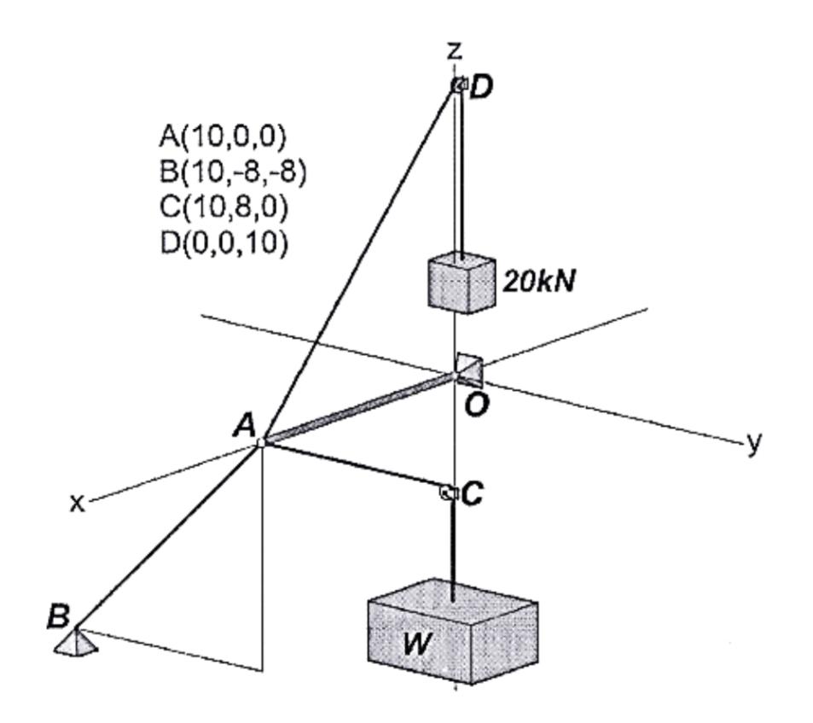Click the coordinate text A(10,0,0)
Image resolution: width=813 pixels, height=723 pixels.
coord(223,136)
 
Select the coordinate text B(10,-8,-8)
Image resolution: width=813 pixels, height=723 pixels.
coord(232,172)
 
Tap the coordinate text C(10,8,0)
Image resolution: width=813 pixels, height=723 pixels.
coord(223,207)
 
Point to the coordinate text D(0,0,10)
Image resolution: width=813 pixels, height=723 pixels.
coord(223,243)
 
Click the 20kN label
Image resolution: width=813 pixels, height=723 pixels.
coord(537,283)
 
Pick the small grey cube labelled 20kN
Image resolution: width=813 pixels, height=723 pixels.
coord(460,285)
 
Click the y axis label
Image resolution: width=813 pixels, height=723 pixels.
coord(754,443)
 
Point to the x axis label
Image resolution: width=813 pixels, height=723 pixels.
coord(78,503)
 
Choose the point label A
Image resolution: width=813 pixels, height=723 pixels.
coord(244,425)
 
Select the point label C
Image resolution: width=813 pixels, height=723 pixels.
coord(474,493)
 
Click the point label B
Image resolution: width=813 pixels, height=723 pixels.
coord(58,617)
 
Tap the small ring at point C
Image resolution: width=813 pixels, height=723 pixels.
coord(446,492)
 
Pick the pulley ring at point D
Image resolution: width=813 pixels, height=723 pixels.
coord(458,85)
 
